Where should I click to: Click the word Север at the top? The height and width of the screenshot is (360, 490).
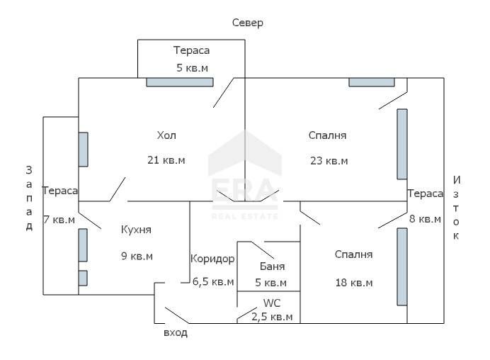coord(248,23)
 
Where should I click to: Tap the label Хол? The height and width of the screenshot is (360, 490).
coord(166,135)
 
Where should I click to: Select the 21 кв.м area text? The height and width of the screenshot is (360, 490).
coord(166,160)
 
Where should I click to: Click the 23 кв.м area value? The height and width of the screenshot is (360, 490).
coord(329,160)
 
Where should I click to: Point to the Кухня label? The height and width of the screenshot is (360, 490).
coord(136,230)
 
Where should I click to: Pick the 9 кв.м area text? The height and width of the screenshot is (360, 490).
coord(136,256)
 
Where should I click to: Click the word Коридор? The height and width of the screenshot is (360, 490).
coord(212,259)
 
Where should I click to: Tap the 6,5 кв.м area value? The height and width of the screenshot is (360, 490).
coord(213,282)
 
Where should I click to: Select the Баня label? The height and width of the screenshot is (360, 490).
coord(273,266)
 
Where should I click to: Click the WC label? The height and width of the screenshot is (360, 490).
coord(272,303)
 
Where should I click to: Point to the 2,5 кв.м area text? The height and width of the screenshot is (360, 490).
coord(272,317)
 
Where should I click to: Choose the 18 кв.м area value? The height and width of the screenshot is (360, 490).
coord(354,282)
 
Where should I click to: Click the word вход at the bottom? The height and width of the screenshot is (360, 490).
coord(176,333)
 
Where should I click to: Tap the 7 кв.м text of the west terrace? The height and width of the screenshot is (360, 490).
coord(59,220)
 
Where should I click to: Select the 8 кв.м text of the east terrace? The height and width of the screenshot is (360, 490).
coord(425,219)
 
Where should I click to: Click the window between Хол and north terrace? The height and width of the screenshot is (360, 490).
coord(180,82)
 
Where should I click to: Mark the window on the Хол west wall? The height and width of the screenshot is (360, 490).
coord(84,150)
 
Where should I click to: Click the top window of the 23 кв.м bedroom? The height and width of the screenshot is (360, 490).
coord(372,81)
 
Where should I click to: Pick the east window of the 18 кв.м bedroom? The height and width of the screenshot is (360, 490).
coord(402,266)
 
